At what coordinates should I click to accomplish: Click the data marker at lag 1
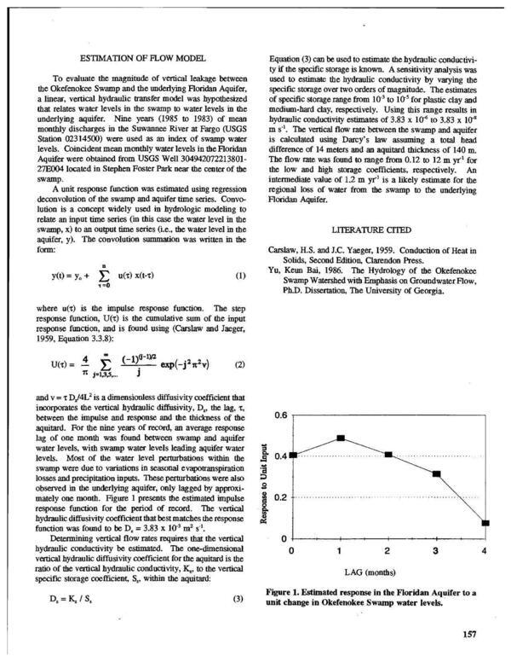tap(341, 438)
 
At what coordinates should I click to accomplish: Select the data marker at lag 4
tap(485, 523)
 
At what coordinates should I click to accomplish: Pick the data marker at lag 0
tap(293, 456)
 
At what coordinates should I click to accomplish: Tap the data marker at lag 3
tap(437, 473)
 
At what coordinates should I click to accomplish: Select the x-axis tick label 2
tap(388, 552)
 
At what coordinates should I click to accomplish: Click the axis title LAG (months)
tap(388, 572)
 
